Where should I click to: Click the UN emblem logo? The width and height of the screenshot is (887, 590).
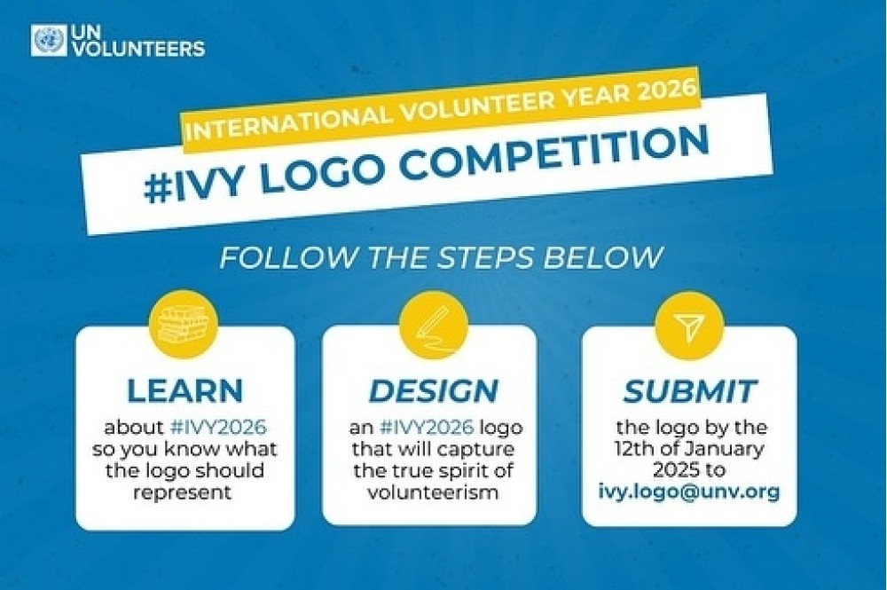pyautogui.click(x=49, y=40)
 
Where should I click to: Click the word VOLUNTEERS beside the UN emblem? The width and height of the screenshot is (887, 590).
pyautogui.click(x=139, y=49)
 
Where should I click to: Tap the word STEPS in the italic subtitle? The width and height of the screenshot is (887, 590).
pyautogui.click(x=485, y=257)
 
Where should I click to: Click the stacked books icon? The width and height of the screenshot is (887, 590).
pyautogui.click(x=183, y=325)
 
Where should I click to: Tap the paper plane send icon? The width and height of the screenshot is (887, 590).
pyautogui.click(x=688, y=326)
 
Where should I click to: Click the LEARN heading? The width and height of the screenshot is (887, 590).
pyautogui.click(x=185, y=389)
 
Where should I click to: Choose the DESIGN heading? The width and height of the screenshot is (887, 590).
pyautogui.click(x=434, y=390)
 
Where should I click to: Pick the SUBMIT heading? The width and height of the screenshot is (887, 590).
pyautogui.click(x=689, y=390)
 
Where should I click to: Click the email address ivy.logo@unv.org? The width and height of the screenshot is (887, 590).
pyautogui.click(x=689, y=491)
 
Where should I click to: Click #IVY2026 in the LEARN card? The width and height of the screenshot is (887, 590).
pyautogui.click(x=218, y=427)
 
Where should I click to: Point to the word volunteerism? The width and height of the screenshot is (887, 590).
pyautogui.click(x=433, y=492)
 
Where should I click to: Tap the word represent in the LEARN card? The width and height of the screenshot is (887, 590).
pyautogui.click(x=183, y=492)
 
